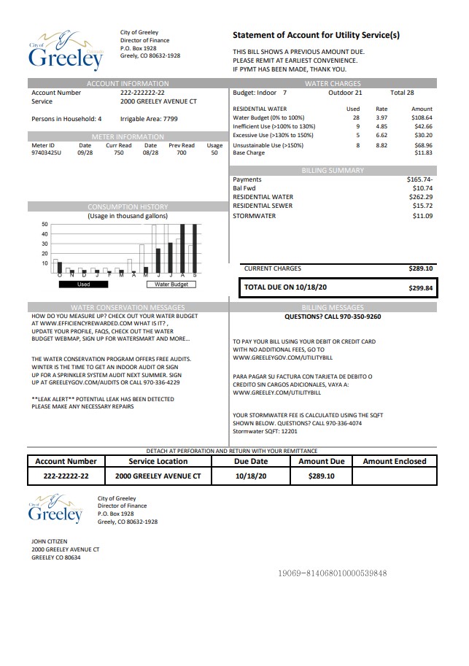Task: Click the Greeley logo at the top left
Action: point(66,50)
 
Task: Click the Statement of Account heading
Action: point(316,35)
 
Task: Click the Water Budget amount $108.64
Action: point(422,117)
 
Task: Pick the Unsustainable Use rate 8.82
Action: point(381,144)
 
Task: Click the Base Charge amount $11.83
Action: point(423,153)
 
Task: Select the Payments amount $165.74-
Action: point(420,179)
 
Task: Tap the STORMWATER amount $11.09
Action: point(422,216)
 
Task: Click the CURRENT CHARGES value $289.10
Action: point(421,268)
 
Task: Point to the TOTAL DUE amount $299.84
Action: point(420,288)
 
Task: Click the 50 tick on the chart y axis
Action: point(44,224)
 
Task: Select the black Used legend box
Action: point(83,284)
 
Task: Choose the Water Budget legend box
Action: point(171,284)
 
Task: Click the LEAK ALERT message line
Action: point(103,399)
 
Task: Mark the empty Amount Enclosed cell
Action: point(394,476)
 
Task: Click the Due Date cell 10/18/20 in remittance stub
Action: point(251,476)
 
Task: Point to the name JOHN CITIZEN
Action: point(49,541)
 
